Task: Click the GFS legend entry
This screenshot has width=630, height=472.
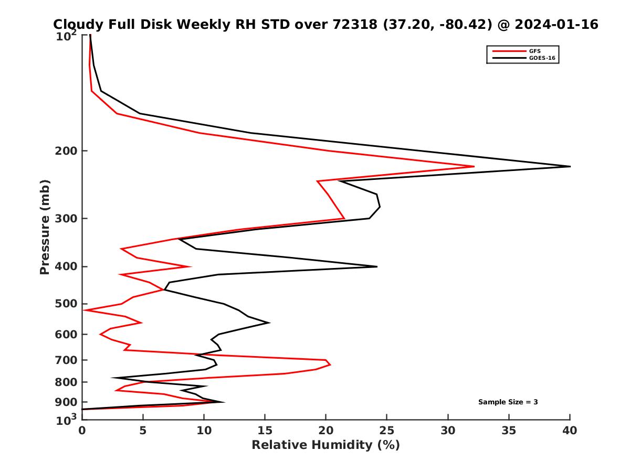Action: click(534, 50)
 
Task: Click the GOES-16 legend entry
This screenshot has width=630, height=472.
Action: click(541, 58)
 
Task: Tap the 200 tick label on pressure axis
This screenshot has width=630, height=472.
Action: click(66, 151)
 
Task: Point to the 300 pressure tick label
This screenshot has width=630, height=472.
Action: click(66, 218)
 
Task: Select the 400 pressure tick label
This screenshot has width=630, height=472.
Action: click(66, 266)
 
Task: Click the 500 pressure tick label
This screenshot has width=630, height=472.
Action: click(66, 304)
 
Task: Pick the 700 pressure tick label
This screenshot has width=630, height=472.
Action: click(66, 360)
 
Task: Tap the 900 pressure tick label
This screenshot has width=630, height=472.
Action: click(66, 402)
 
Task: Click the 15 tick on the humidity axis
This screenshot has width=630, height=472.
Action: click(265, 430)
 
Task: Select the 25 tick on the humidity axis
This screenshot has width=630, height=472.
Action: click(386, 430)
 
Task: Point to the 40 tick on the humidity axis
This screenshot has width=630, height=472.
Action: click(570, 430)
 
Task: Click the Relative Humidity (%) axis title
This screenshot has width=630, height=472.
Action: click(325, 445)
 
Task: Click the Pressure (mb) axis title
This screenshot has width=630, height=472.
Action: click(45, 227)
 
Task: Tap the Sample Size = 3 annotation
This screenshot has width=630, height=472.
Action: click(508, 402)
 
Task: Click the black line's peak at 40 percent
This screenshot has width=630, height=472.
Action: click(570, 166)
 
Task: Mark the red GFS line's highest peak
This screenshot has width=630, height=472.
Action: click(474, 167)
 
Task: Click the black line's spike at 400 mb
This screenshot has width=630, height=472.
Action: click(377, 266)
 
